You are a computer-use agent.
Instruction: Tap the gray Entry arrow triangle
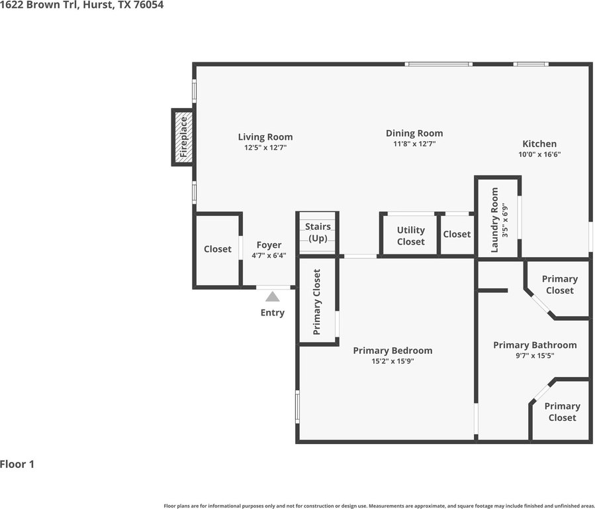[x=273, y=297]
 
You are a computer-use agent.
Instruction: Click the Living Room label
[x=265, y=137]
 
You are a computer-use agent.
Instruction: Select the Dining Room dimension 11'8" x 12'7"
[x=414, y=144]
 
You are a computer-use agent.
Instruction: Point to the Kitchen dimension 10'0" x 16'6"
[x=539, y=154]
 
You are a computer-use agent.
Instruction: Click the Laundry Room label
[x=494, y=220]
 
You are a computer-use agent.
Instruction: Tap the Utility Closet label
[x=410, y=236]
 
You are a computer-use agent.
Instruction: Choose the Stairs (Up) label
[x=318, y=233]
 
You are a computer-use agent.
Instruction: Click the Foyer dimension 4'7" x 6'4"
[x=269, y=256]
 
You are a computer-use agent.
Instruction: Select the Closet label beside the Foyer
[x=218, y=249]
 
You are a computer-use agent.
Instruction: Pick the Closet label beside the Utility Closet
[x=457, y=235]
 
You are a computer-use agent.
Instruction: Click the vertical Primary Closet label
[x=317, y=302]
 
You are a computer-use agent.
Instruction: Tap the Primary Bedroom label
[x=392, y=350]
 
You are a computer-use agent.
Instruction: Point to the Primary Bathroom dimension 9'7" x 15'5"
[x=535, y=356]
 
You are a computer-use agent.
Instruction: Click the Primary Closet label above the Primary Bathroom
[x=560, y=284]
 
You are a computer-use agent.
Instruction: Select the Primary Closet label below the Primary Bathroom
[x=563, y=412]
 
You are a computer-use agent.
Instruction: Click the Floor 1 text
[x=17, y=464]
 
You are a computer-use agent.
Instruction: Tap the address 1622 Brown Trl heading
[x=81, y=5]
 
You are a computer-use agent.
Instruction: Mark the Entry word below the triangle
[x=273, y=313]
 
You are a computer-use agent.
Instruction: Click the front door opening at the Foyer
[x=273, y=287]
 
